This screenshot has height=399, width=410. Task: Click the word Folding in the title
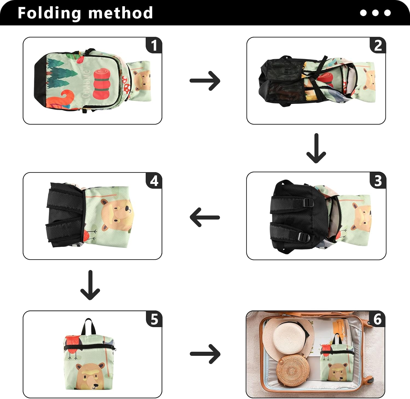click(49, 13)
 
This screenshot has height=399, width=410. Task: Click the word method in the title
click(121, 13)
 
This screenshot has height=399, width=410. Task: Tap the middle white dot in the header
click(375, 13)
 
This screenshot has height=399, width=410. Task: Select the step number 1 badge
click(154, 45)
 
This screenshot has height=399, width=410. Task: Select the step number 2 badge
click(378, 45)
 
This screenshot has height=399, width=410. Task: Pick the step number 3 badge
click(378, 180)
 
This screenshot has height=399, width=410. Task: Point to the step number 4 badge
click(154, 181)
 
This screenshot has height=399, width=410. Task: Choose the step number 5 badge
click(154, 319)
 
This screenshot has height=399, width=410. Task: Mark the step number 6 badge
click(377, 319)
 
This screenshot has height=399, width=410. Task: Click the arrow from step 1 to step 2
click(205, 81)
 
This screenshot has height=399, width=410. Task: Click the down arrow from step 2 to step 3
click(316, 148)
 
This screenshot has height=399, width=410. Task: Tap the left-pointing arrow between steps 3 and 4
click(205, 217)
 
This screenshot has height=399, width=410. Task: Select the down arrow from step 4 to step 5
click(90, 285)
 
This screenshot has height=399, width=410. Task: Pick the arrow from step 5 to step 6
click(205, 354)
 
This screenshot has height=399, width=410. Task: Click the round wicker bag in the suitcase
click(292, 370)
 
